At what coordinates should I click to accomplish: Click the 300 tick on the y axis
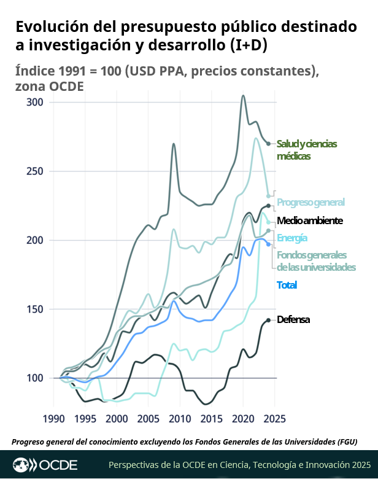point(35,102)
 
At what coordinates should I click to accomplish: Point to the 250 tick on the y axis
point(35,171)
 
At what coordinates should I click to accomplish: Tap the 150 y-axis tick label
point(35,309)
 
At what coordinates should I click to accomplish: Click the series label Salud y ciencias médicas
point(307,149)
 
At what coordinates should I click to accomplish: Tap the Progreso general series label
point(310,202)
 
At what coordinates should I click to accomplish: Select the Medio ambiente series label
point(309,220)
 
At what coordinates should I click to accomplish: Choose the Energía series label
point(292,238)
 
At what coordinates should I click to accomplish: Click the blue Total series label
point(287,285)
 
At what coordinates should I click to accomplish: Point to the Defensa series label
point(293,319)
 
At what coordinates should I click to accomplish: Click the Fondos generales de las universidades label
point(316,260)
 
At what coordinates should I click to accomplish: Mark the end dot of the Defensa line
point(268,320)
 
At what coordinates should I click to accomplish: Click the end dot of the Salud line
point(268,144)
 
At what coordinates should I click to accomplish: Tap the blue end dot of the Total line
point(268,244)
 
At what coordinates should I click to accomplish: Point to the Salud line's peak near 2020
point(244,96)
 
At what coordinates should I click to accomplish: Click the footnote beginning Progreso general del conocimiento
point(184,442)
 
